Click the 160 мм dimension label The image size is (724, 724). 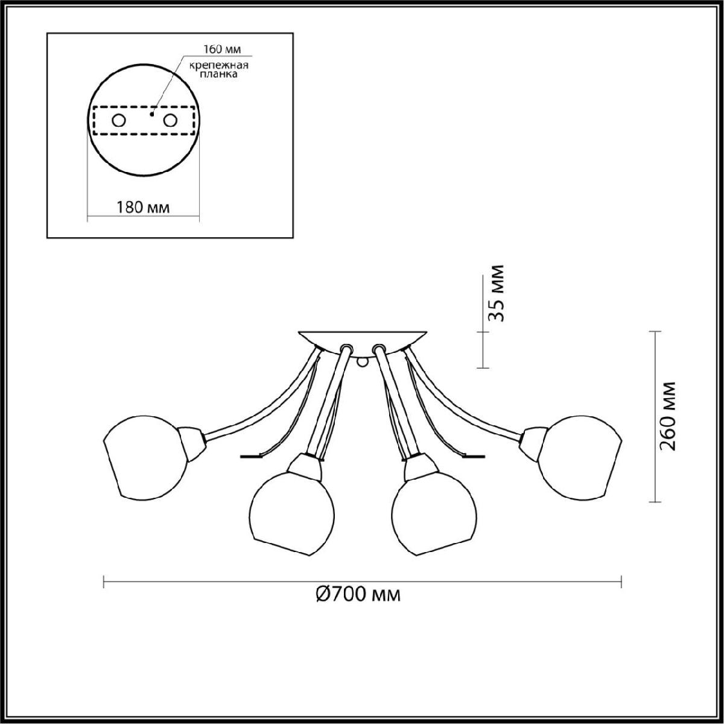[x=222, y=49]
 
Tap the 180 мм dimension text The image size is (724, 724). [x=143, y=207]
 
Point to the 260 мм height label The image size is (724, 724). [x=668, y=416]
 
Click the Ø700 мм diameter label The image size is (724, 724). [x=358, y=594]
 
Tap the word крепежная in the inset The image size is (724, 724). [x=218, y=65]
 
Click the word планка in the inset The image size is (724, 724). [x=218, y=74]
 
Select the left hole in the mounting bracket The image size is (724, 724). [x=119, y=121]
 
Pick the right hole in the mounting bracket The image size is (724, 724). [x=170, y=121]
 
